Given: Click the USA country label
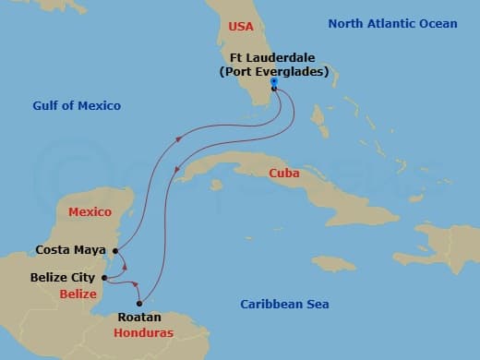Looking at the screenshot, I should click(x=241, y=26).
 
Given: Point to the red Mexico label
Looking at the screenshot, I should click(x=90, y=211).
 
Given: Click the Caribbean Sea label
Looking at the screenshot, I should click(x=284, y=304).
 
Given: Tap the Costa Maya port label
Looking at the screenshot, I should click(x=69, y=249).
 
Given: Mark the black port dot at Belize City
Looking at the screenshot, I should click(x=104, y=277).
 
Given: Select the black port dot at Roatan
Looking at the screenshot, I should click(x=140, y=303).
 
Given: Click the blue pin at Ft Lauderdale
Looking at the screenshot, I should click(x=274, y=83).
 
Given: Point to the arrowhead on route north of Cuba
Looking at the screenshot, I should click(x=177, y=139).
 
